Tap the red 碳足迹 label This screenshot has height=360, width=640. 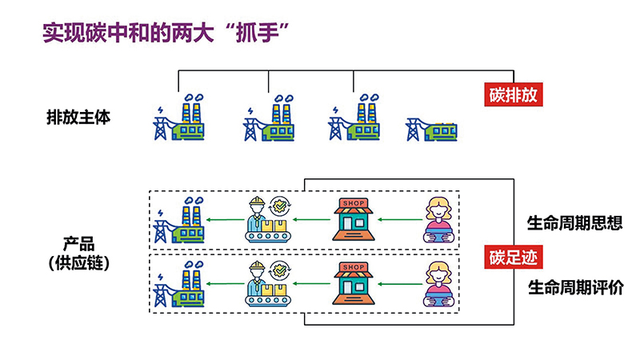pyautogui.click(x=512, y=258)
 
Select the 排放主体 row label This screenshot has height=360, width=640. pyautogui.click(x=78, y=117)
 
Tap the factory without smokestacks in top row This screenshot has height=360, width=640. pyautogui.click(x=431, y=129)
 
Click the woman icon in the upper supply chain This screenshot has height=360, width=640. pyautogui.click(x=438, y=219)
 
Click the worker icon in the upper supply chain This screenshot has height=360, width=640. pyautogui.click(x=266, y=219)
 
